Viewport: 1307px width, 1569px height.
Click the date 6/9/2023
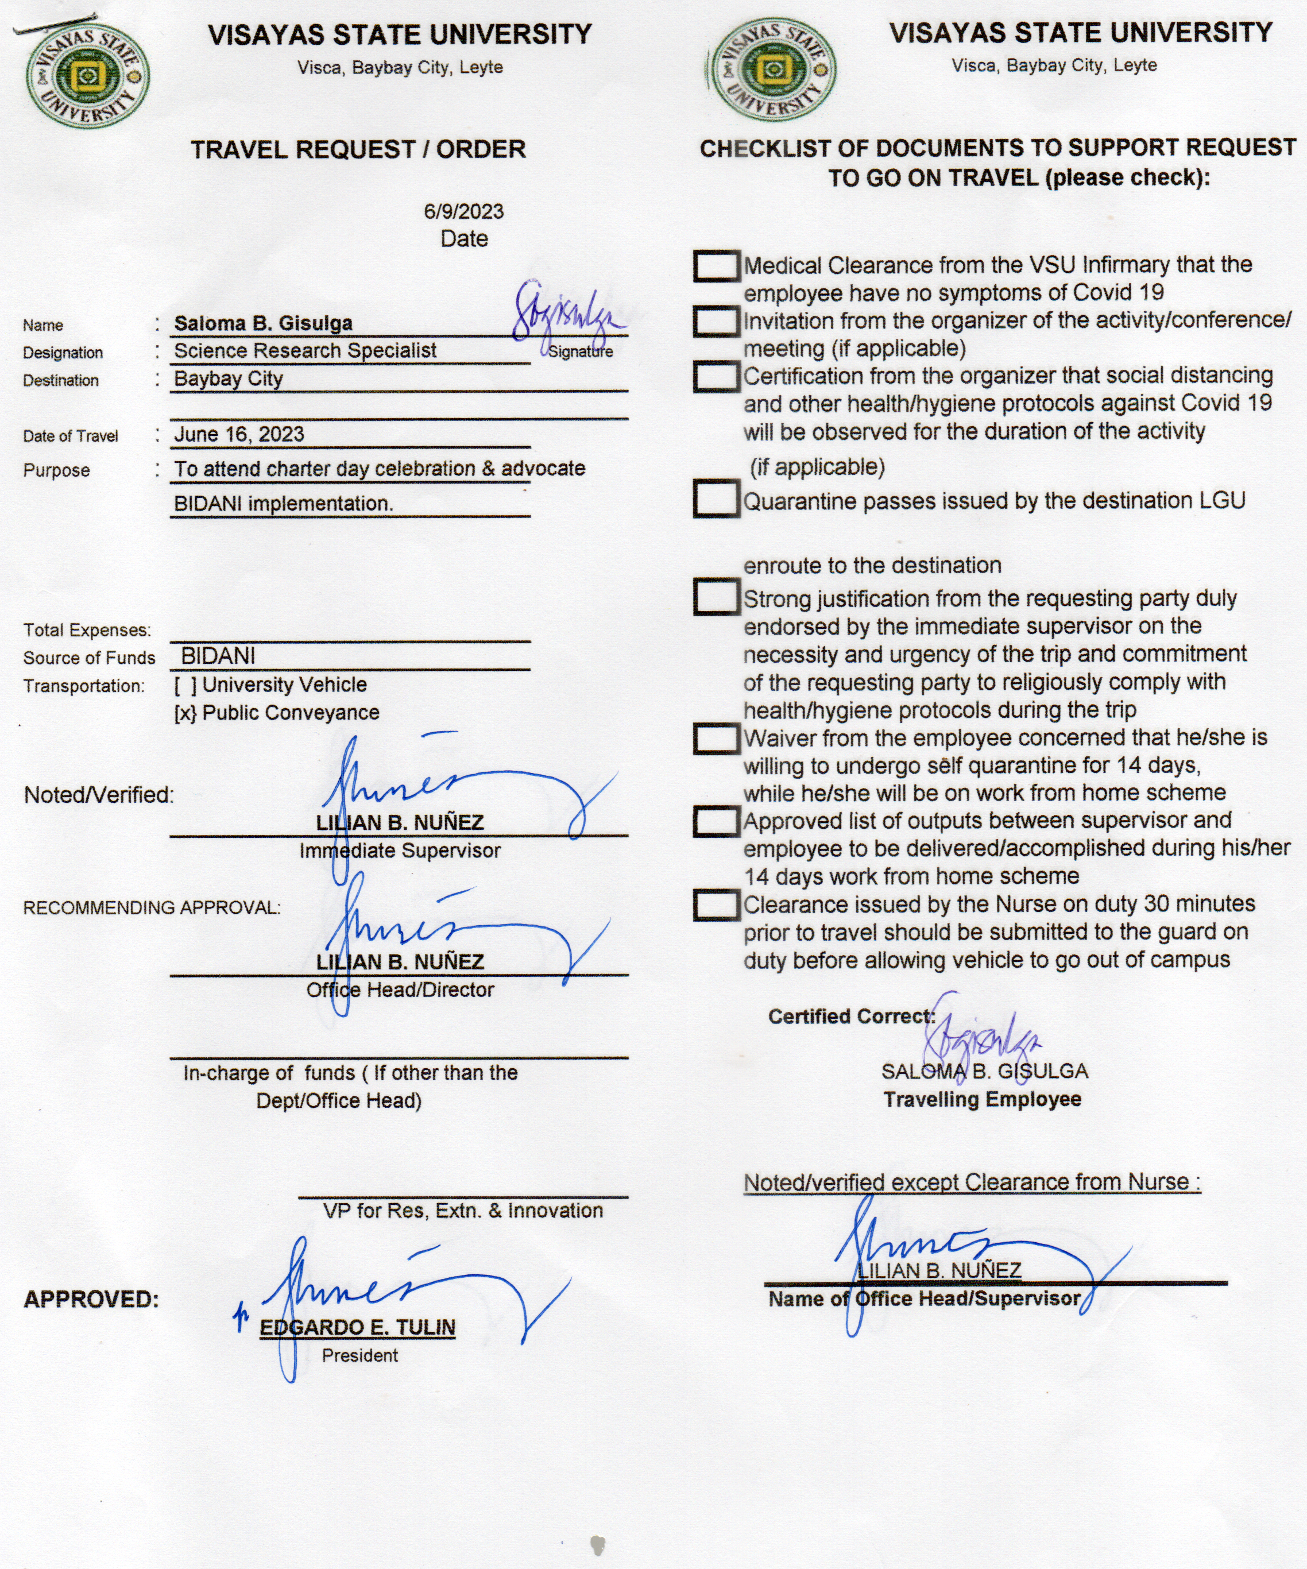click(463, 211)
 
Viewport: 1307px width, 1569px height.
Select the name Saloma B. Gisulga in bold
click(263, 323)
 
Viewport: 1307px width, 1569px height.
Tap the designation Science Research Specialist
click(305, 350)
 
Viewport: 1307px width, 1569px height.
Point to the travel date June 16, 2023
click(239, 434)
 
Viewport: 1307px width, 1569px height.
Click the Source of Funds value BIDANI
click(218, 656)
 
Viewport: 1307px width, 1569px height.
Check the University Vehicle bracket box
click(185, 685)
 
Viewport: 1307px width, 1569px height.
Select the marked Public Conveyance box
click(185, 713)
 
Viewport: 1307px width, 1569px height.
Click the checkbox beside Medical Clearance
click(716, 265)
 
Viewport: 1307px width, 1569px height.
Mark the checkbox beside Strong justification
click(716, 598)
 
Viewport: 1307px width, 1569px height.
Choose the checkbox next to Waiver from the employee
click(716, 738)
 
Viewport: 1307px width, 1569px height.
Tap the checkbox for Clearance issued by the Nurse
click(716, 905)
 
